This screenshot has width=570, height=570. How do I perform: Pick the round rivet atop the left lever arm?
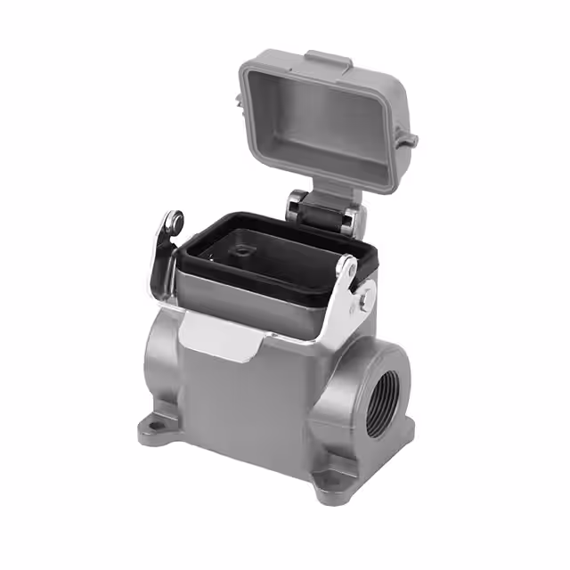tap(175, 219)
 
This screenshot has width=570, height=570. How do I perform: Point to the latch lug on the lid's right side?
tap(409, 138)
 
